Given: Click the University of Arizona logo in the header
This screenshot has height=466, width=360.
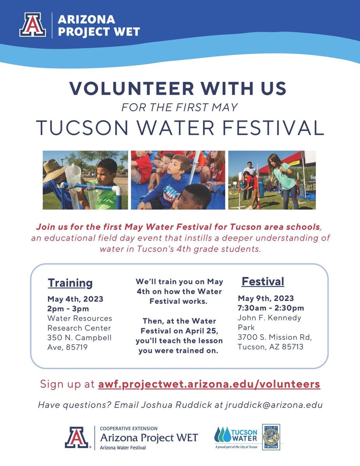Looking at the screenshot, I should [33, 25].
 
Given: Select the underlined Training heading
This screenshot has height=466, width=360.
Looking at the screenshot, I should [70, 283].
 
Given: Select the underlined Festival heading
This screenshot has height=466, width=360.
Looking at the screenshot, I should [263, 281].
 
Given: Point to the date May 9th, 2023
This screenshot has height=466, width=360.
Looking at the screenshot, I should [266, 299].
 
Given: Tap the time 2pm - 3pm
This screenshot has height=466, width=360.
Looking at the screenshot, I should [68, 309].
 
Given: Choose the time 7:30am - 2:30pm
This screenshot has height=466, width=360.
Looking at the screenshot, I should [271, 308].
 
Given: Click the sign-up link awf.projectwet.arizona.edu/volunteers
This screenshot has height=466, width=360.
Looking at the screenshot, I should [209, 384].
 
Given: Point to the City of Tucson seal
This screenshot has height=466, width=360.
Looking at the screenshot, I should [271, 436].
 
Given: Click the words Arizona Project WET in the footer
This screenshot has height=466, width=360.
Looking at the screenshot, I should [149, 438].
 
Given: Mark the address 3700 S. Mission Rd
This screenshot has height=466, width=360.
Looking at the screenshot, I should [275, 337].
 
